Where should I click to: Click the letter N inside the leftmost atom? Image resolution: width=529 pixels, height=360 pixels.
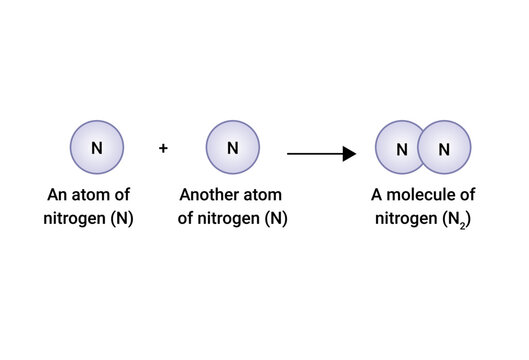click(97, 148)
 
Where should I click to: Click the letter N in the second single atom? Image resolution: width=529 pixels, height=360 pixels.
click(233, 148)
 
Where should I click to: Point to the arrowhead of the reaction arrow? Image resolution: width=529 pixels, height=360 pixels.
click(350, 154)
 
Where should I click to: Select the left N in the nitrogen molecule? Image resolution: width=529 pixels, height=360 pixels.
click(401, 151)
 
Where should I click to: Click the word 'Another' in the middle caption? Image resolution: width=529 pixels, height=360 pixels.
click(208, 194)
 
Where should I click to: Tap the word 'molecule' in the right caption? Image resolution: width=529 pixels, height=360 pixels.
click(420, 194)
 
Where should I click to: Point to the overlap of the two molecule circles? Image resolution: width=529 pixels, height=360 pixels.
click(422, 150)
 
